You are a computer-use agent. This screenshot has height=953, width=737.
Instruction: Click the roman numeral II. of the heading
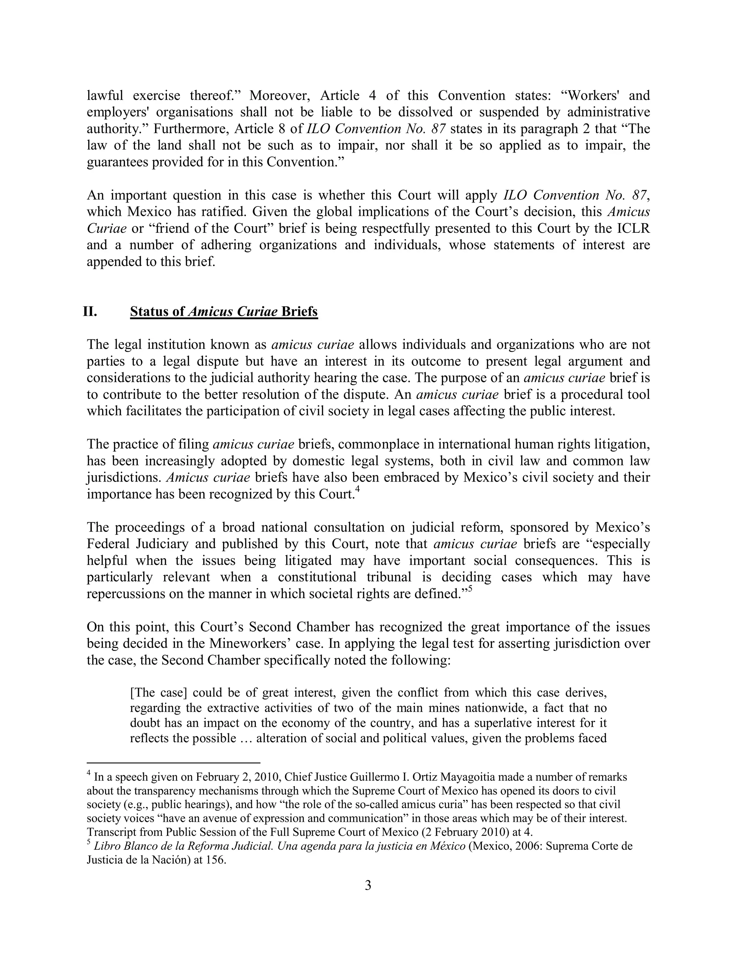click(90, 311)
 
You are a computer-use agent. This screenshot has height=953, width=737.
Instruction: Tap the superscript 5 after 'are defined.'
click(470, 589)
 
